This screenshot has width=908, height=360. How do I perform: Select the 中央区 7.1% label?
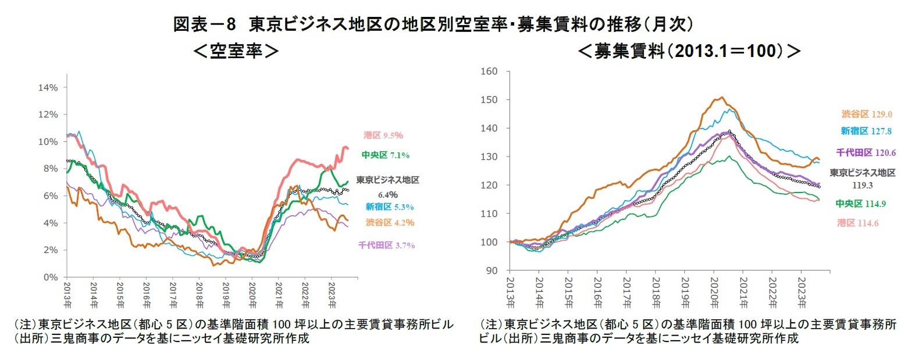click(386, 155)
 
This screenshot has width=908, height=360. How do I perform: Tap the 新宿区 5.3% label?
click(390, 206)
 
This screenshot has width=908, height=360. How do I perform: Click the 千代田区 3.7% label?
click(387, 245)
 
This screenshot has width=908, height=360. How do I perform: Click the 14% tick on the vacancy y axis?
click(48, 88)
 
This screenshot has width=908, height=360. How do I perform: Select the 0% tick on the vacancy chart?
click(51, 277)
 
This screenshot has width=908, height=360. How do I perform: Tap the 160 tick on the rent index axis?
click(491, 72)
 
